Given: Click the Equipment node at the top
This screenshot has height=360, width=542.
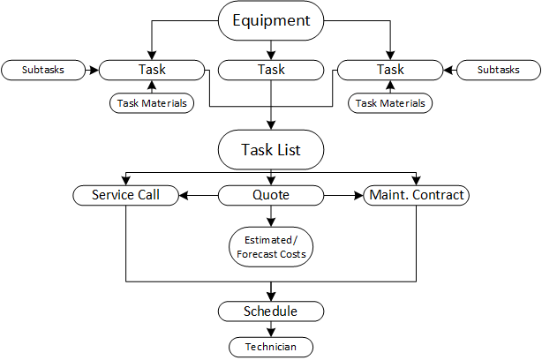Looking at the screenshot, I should pos(271,19).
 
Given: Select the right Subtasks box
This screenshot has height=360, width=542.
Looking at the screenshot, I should pos(499,69).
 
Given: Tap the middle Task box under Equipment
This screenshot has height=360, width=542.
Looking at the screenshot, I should pos(271,69).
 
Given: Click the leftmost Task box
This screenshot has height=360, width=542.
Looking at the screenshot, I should pos(152,69).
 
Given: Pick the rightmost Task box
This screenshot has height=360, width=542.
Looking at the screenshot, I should pos(390,69).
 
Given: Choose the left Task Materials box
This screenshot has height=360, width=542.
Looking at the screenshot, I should pos(152,103).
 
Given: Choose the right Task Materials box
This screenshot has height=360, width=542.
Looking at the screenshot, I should pos(390,103).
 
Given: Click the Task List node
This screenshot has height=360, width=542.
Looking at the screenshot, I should pos(271,150).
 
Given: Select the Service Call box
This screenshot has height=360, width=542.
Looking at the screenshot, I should pos(126,195).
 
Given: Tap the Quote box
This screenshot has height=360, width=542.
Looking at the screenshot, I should pos(271,195).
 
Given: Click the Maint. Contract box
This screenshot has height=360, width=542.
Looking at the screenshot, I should pos(415,195).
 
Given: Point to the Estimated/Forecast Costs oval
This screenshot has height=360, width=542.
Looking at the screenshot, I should pos(271,246).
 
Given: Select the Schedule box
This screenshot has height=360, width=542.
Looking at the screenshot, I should pos(271,311).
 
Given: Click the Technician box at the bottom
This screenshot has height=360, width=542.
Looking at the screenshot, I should pos(271,347).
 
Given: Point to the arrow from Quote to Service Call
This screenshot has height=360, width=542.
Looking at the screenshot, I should pos(199,195).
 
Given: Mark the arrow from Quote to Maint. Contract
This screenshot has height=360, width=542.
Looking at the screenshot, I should pos(343,195).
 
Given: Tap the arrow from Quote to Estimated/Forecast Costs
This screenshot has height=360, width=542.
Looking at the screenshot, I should pos(271,215).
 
